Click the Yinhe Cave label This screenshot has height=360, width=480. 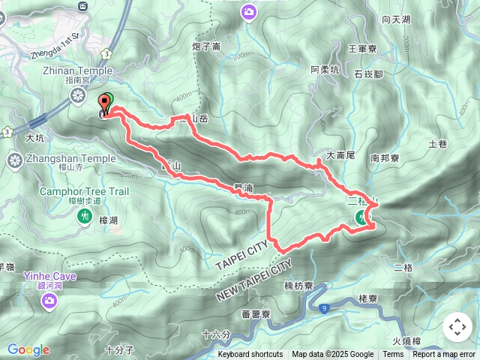pos(49,275)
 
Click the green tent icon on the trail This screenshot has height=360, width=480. pos(361,218)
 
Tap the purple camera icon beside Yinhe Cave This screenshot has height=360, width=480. pos(49,301)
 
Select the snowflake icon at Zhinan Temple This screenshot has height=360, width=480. pos(76,95)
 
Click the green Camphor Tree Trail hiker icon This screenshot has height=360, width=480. pos(83,216)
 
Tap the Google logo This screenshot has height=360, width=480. pos(28,349)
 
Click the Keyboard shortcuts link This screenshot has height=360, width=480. pos(250,355)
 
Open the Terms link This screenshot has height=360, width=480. pos(393,355)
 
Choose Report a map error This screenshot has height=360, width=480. pos(444,355)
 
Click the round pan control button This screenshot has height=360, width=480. pos(457,327)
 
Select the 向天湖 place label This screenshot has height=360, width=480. pos(396,19)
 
